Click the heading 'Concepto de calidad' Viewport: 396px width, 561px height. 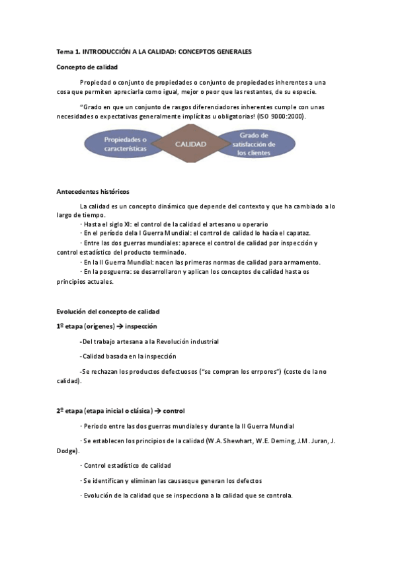click(87, 67)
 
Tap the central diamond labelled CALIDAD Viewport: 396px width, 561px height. click(190, 144)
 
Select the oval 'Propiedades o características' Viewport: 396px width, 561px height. click(124, 144)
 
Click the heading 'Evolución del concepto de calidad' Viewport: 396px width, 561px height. click(108, 311)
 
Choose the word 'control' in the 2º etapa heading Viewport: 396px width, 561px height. click(174, 411)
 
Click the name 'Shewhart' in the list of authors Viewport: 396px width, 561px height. click(245, 441)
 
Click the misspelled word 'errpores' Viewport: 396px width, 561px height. click(263, 371)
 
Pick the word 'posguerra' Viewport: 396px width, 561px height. click(108, 271)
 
